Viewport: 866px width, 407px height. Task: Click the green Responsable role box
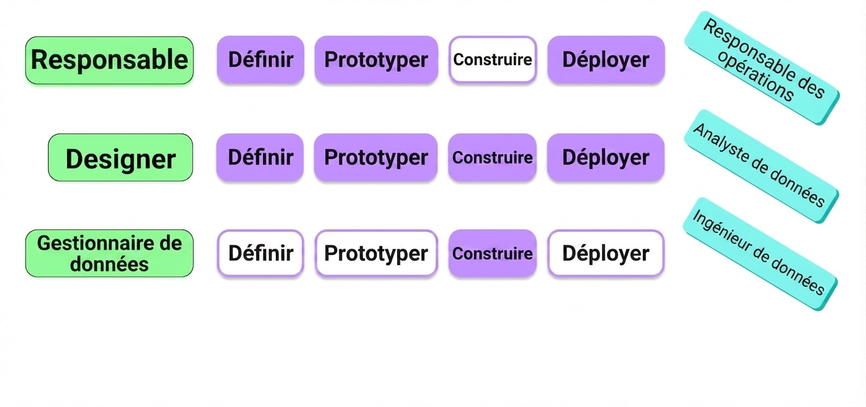109,60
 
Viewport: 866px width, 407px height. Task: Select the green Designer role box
120,158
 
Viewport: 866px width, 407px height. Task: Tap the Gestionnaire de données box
109,254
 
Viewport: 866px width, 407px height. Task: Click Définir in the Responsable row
261,60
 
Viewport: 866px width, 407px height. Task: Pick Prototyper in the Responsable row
376,60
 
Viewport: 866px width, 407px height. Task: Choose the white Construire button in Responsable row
493,60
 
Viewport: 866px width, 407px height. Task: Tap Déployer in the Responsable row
606,60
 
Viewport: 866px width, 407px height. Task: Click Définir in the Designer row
260,157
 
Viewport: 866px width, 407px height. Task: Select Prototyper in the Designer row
376,157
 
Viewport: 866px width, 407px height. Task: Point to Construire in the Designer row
492,157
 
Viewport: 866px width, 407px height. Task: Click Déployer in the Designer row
606,157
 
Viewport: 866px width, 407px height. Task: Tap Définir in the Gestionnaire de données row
261,253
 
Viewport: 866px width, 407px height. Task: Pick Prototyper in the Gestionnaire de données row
376,253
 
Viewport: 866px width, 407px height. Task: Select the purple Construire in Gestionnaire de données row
493,253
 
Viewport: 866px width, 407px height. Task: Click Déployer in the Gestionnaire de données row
606,253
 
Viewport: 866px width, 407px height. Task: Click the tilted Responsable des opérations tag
761,68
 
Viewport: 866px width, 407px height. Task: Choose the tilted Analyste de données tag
761,166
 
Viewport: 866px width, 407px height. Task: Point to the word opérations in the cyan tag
756,76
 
